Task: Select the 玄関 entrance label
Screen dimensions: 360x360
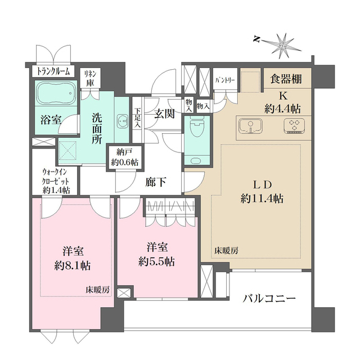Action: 164,114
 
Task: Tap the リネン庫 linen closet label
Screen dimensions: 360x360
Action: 89,78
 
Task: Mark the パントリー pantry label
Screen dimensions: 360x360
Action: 226,80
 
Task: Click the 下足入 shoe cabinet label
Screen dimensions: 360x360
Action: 137,117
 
